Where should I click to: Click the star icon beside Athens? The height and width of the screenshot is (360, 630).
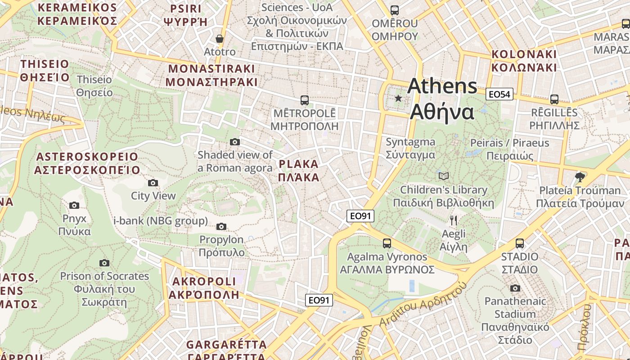(398, 98)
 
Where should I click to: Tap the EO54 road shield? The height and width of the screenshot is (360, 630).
(499, 94)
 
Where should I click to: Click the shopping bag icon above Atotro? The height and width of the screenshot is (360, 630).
(219, 39)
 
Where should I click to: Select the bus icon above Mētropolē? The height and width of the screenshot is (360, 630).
(305, 100)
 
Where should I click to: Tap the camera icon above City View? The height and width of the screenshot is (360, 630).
(153, 183)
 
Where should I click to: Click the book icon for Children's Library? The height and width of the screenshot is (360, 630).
(444, 176)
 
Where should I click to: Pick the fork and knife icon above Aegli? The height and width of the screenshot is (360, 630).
(454, 220)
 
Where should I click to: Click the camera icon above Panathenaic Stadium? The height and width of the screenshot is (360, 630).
(515, 288)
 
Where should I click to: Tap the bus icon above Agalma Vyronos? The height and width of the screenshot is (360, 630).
(387, 243)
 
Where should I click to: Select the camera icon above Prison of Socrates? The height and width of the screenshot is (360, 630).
(104, 263)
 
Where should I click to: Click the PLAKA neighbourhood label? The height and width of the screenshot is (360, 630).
(298, 171)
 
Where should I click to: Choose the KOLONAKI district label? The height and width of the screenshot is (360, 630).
(524, 61)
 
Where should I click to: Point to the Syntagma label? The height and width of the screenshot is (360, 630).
(410, 148)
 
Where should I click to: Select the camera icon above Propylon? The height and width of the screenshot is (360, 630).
(221, 226)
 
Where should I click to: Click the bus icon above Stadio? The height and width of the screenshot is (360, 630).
(520, 243)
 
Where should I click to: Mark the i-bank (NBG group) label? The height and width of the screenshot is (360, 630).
(161, 221)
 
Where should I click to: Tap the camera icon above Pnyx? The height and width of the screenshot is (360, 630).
(74, 206)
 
